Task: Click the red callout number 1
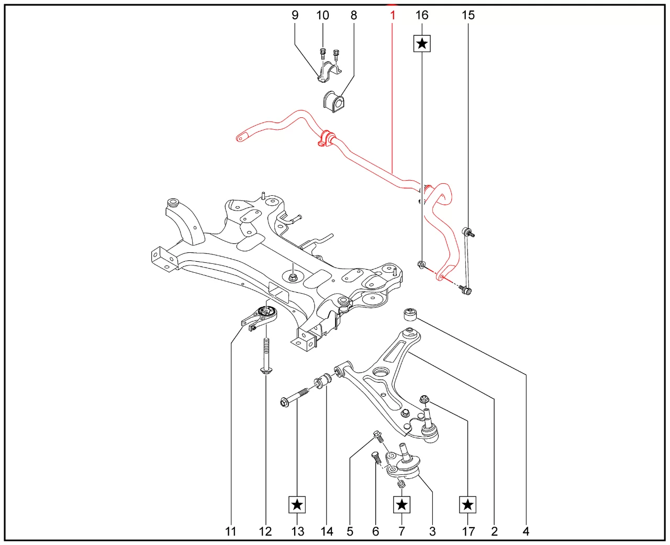pos(393,15)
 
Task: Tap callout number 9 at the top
pos(295,15)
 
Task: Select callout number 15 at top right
pos(468,15)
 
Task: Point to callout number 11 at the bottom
pos(231,531)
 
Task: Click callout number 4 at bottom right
pos(526,531)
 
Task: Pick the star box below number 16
pos(422,43)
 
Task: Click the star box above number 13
pos(297,505)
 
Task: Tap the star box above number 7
pos(401,505)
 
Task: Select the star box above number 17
pos(468,505)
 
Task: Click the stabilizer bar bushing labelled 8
pos(332,101)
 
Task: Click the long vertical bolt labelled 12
pos(266,356)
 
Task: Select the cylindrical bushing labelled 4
pos(410,315)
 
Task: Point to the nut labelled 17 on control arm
pos(425,401)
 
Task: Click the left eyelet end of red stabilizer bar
pos(240,138)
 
